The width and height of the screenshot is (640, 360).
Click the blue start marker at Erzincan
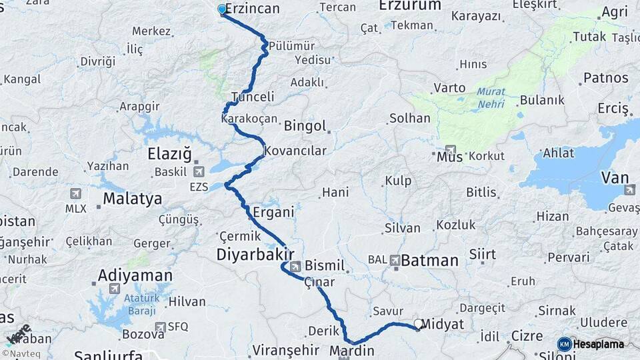(x=222, y=9)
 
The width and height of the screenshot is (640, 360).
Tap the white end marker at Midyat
(x=419, y=324)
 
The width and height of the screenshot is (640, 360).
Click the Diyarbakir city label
(x=254, y=255)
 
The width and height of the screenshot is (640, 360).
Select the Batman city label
(x=430, y=260)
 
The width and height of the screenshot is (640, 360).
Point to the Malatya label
(x=132, y=199)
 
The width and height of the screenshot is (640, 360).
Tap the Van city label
(x=615, y=177)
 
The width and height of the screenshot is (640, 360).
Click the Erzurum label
(x=410, y=5)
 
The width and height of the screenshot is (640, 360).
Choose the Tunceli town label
(x=253, y=97)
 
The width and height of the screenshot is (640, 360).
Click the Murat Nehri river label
(x=491, y=97)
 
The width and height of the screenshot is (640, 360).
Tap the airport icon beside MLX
(x=75, y=193)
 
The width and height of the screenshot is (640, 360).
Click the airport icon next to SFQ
(x=160, y=327)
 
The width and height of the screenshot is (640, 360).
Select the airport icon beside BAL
(x=395, y=260)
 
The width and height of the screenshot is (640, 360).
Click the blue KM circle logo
(x=565, y=344)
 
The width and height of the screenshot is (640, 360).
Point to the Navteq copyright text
(x=19, y=353)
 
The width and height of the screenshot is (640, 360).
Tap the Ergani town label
(x=273, y=213)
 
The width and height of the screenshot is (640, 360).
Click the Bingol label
(x=305, y=126)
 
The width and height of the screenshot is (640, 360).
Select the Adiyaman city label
(x=135, y=275)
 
